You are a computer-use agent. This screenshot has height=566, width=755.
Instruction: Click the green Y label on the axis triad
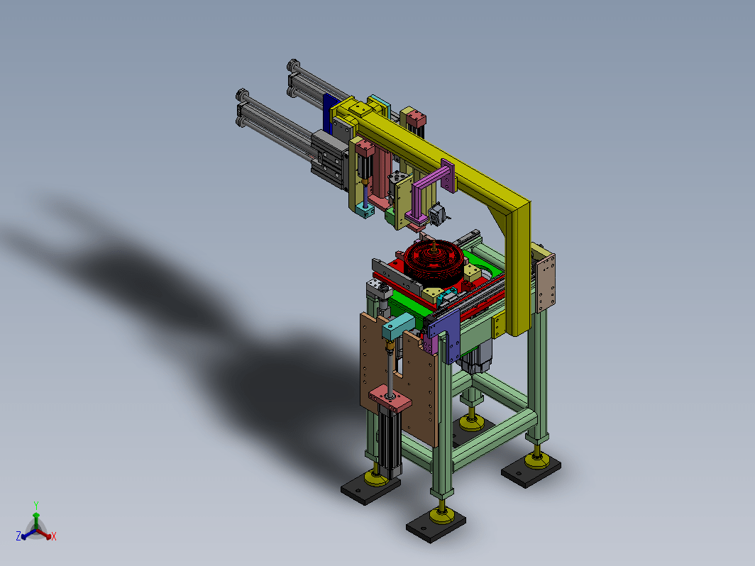[36, 505]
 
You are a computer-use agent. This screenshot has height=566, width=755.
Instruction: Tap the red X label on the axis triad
[54, 536]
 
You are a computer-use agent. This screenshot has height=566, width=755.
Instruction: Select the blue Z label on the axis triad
[18, 536]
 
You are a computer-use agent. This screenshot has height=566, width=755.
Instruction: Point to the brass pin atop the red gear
[434, 246]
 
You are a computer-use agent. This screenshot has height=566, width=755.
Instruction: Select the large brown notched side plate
[399, 375]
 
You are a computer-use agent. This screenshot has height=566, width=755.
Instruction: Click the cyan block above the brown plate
[398, 327]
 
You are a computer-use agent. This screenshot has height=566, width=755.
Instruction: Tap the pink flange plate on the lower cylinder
[390, 399]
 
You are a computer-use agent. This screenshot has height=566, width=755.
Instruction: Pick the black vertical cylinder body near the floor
[389, 440]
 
